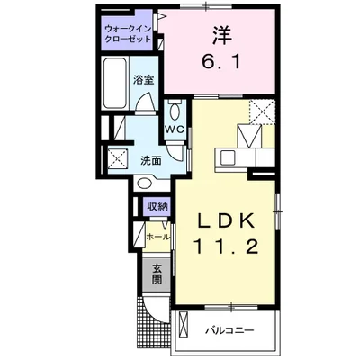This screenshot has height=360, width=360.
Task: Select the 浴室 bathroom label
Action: click(x=143, y=78)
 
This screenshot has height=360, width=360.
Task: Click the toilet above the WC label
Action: click(x=175, y=109)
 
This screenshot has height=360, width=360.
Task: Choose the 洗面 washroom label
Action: click(x=151, y=160)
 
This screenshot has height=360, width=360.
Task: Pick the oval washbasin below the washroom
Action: click(x=146, y=185)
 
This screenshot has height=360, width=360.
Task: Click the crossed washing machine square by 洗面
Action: click(x=117, y=160)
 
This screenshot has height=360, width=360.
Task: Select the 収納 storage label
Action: click(x=157, y=207)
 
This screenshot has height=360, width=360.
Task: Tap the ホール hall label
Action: click(x=157, y=236)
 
